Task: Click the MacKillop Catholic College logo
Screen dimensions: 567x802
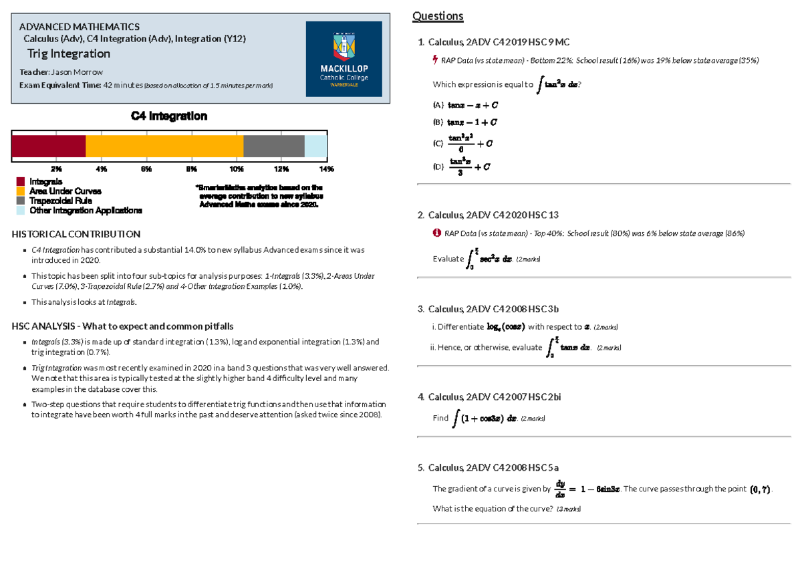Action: pyautogui.click(x=344, y=59)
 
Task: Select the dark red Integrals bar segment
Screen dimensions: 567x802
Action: pyautogui.click(x=48, y=146)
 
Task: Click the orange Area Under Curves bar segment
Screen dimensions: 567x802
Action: pyautogui.click(x=164, y=146)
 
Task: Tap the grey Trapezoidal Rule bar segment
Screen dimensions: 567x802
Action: pyautogui.click(x=273, y=146)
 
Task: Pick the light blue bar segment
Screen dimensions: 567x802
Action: pyautogui.click(x=315, y=146)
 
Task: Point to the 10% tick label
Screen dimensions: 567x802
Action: pyautogui.click(x=236, y=168)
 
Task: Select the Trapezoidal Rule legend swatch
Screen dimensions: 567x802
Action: pyautogui.click(x=20, y=201)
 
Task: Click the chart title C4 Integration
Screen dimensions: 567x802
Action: pyautogui.click(x=168, y=116)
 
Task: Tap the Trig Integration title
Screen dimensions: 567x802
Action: pyautogui.click(x=68, y=53)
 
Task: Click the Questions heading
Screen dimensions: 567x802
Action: pyautogui.click(x=438, y=16)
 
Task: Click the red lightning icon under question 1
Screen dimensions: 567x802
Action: pyautogui.click(x=436, y=60)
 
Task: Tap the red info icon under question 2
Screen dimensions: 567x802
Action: pyautogui.click(x=436, y=233)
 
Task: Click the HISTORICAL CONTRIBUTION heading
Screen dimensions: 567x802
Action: pyautogui.click(x=76, y=234)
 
